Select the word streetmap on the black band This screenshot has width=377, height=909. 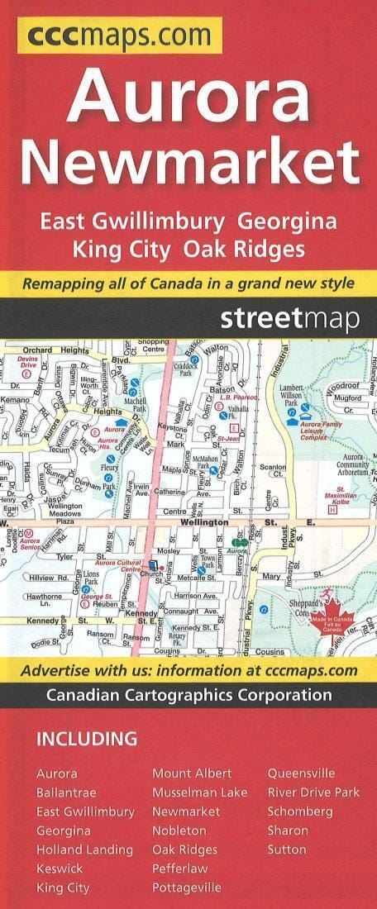tap(289, 319)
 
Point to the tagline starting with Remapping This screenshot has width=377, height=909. tap(188, 283)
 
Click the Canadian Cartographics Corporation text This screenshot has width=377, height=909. tap(188, 695)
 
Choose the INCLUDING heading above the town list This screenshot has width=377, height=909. tap(86, 739)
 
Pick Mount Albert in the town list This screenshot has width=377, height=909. tap(192, 773)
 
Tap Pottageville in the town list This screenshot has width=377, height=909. tap(186, 888)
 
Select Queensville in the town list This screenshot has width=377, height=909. tap(301, 773)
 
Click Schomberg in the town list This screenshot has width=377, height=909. tap(299, 811)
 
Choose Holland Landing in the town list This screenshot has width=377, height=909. tap(84, 850)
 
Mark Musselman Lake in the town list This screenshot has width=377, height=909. tap(199, 792)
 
